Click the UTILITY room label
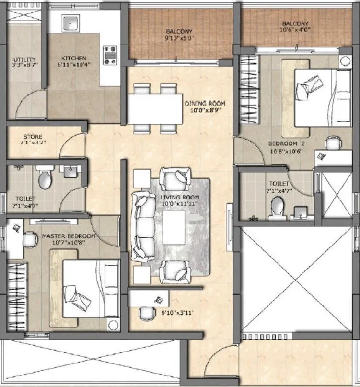(22, 60)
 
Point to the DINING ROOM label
(205, 103)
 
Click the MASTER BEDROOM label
(68, 236)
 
